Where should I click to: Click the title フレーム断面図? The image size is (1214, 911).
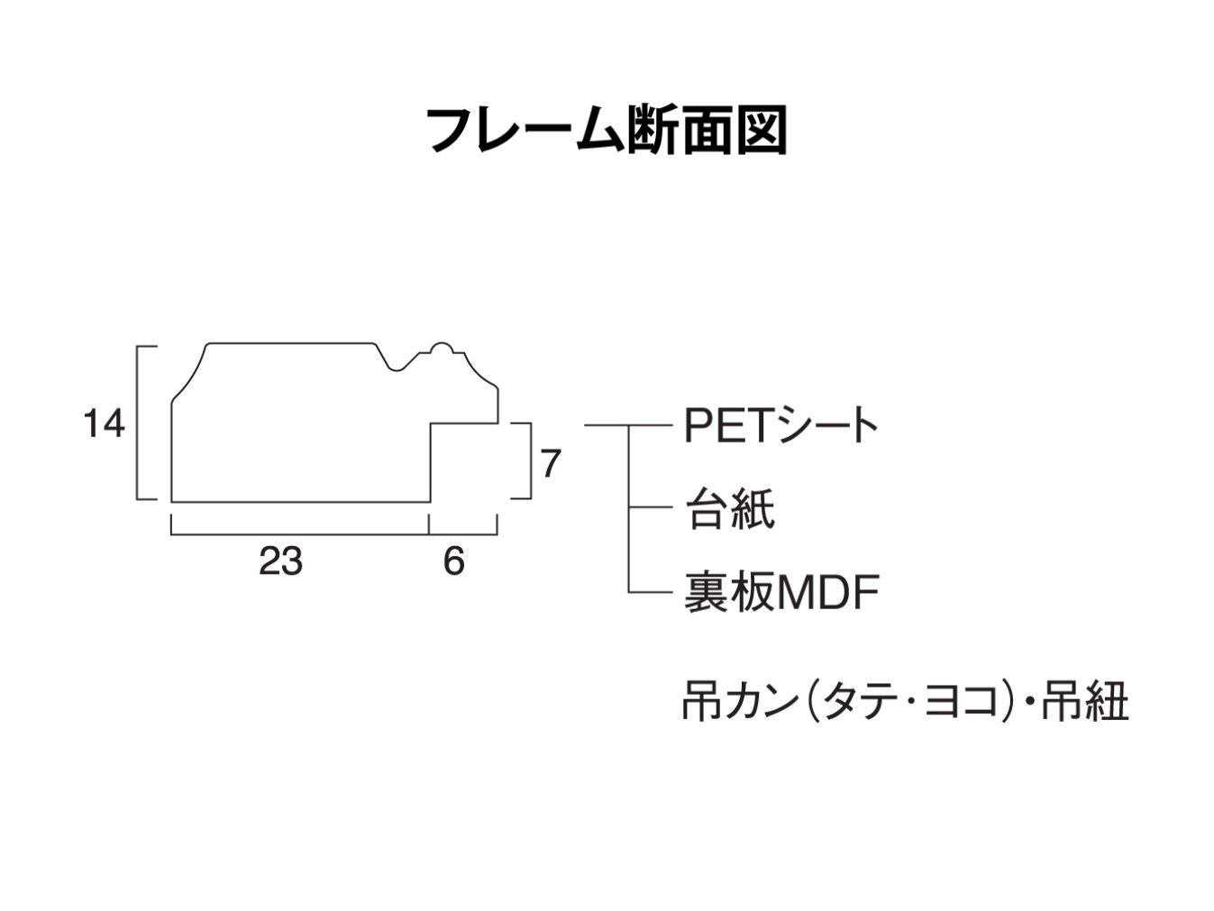(606, 131)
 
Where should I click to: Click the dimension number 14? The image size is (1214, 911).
(104, 423)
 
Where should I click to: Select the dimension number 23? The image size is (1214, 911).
(280, 561)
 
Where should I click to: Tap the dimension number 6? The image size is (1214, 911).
(453, 561)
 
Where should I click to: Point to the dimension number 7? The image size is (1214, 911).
(551, 464)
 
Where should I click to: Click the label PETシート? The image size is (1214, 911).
(780, 425)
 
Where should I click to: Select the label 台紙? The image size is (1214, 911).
(729, 510)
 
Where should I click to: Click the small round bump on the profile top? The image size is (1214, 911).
(441, 348)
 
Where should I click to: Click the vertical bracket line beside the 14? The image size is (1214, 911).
(138, 423)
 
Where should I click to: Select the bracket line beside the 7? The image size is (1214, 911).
(529, 460)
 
